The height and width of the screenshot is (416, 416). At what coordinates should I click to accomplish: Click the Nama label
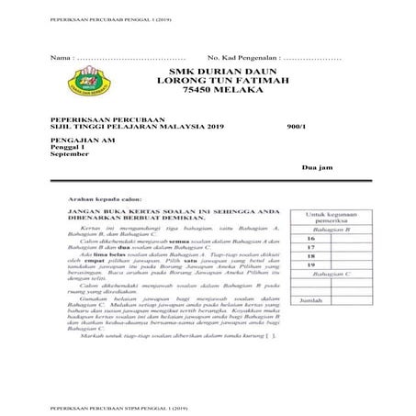coord(59,57)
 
